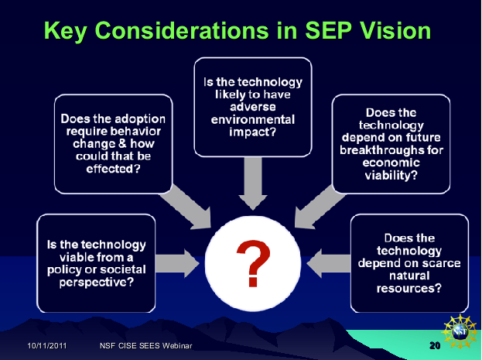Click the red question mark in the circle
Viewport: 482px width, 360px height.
(x=253, y=263)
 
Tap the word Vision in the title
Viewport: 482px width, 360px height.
(x=395, y=30)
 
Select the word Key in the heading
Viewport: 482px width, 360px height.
(x=66, y=32)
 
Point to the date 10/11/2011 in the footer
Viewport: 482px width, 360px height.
(x=47, y=345)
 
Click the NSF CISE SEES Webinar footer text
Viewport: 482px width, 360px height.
(x=146, y=345)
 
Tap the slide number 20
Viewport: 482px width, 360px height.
(x=435, y=345)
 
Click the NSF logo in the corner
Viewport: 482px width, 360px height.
(x=460, y=331)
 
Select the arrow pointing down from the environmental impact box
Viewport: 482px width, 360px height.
(x=253, y=183)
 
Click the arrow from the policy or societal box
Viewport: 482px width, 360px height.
(x=177, y=263)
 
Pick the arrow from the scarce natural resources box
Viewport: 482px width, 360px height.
(x=329, y=263)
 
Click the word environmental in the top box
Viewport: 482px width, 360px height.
(x=253, y=119)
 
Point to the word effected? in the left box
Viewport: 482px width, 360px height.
(x=113, y=169)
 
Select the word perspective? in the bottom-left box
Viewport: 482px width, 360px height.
(x=97, y=282)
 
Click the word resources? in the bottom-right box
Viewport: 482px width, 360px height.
(x=409, y=288)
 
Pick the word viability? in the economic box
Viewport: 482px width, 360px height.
(x=391, y=175)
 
